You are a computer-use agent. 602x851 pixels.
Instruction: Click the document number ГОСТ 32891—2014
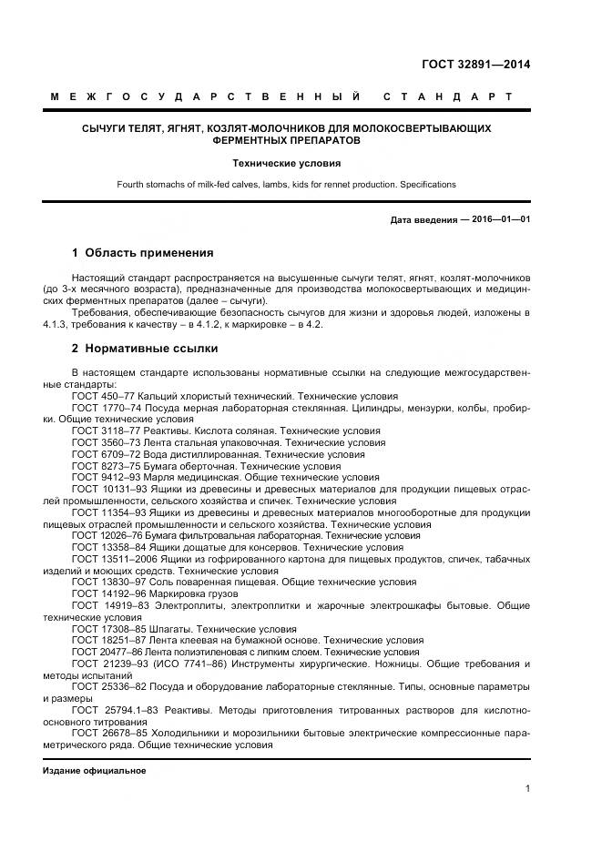[x=475, y=64]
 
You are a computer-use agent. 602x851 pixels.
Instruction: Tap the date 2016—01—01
[x=499, y=220]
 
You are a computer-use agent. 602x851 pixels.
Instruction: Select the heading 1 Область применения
[x=143, y=252]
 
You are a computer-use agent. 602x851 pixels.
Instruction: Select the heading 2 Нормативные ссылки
[x=144, y=348]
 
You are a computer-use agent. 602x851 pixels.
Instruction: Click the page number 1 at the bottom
[x=527, y=788]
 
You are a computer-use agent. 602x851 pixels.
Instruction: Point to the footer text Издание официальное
[x=94, y=770]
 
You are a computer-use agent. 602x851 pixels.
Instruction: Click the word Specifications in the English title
[x=427, y=185]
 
